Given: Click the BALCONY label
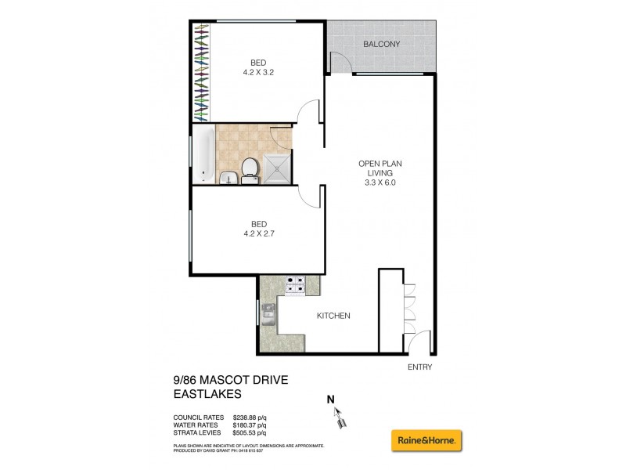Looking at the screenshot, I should [x=381, y=45].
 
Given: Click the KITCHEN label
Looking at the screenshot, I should [x=333, y=316].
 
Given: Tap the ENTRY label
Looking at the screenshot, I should [x=419, y=367].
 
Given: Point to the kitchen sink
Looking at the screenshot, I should [x=268, y=313].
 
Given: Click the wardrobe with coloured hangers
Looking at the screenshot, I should [x=203, y=72].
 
